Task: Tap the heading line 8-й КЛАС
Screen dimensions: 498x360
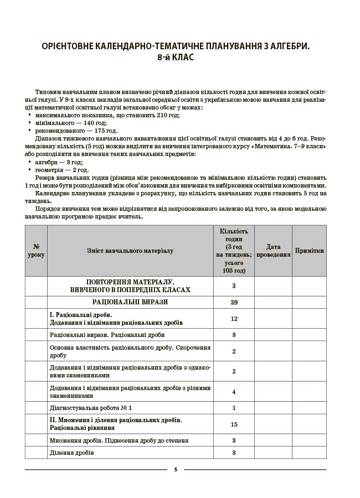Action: coord(176,58)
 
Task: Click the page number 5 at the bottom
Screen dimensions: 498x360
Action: coord(176,469)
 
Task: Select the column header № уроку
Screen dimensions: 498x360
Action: coord(36,251)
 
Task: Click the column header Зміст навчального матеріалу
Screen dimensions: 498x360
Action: coord(130,251)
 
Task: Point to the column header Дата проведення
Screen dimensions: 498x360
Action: coord(273,251)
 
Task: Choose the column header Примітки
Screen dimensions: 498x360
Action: coord(310,251)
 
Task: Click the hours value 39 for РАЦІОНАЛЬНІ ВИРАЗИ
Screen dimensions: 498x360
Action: coord(234,303)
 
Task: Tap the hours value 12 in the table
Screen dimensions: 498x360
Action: coord(234,318)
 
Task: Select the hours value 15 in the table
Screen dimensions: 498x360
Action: coord(234,424)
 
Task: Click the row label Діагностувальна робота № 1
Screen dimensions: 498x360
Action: coord(91,408)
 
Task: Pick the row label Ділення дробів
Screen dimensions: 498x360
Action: coord(72,453)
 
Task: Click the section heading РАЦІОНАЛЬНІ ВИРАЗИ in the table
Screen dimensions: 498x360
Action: coord(130,302)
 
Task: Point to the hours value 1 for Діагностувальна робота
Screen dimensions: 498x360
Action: coord(234,408)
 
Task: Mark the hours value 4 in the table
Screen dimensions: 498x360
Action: coord(234,392)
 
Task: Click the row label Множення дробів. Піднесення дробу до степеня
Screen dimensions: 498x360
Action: coord(119,440)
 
